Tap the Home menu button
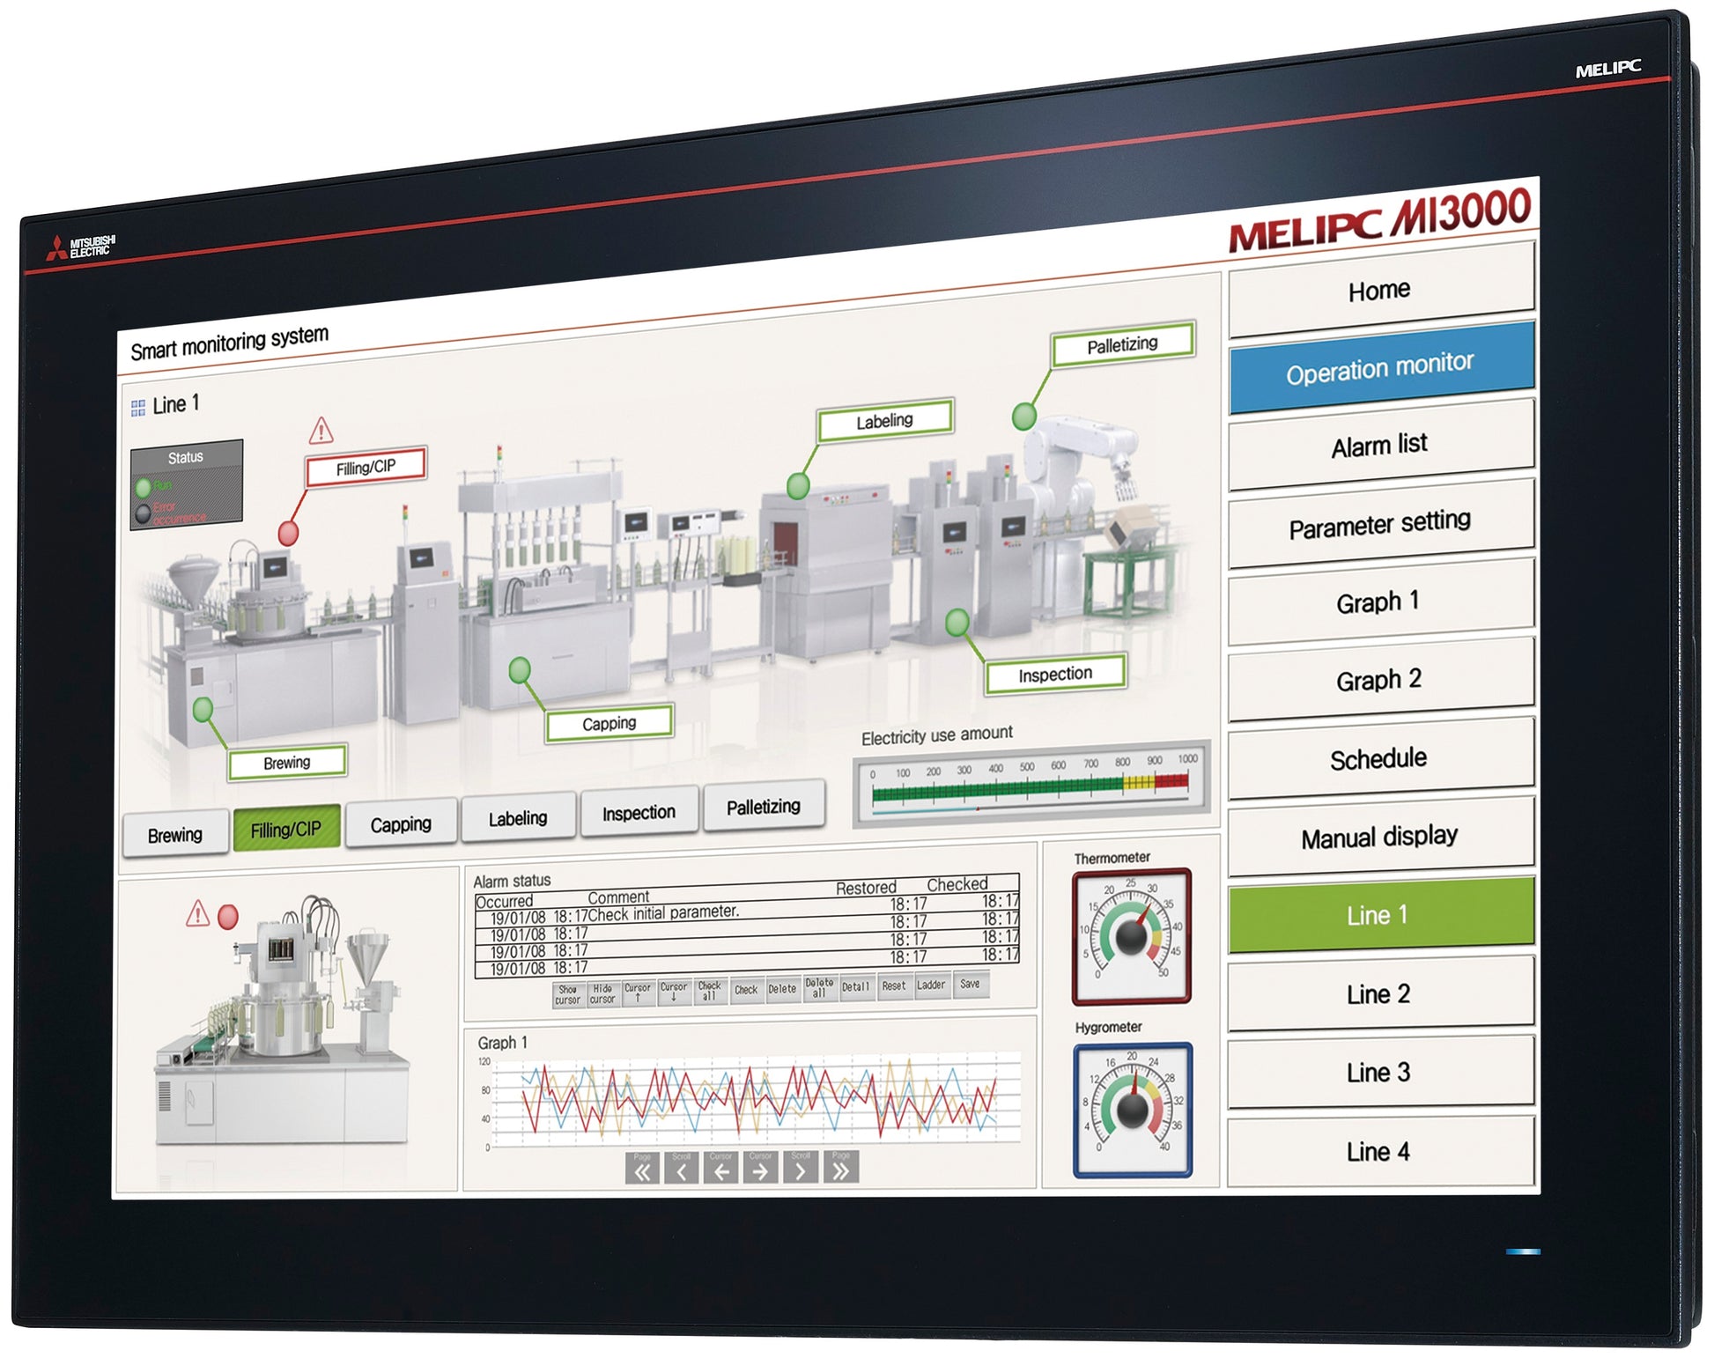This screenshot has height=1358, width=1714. tap(1379, 289)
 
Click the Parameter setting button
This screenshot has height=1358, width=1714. tap(1379, 524)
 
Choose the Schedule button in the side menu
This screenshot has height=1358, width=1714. tap(1378, 758)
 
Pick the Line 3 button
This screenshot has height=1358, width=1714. tap(1378, 1073)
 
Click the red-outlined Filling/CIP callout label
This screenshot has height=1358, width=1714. tap(366, 467)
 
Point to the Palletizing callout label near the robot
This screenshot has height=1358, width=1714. tap(1122, 344)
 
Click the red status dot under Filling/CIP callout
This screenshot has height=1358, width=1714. tap(288, 533)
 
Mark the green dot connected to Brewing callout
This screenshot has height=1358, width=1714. tap(203, 709)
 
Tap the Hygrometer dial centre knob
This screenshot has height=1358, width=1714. tap(1132, 1110)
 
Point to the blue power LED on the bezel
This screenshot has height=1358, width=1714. tap(1523, 1251)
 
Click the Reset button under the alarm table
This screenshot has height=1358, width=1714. tap(893, 986)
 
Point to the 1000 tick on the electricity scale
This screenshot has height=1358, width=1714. tap(1187, 759)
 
